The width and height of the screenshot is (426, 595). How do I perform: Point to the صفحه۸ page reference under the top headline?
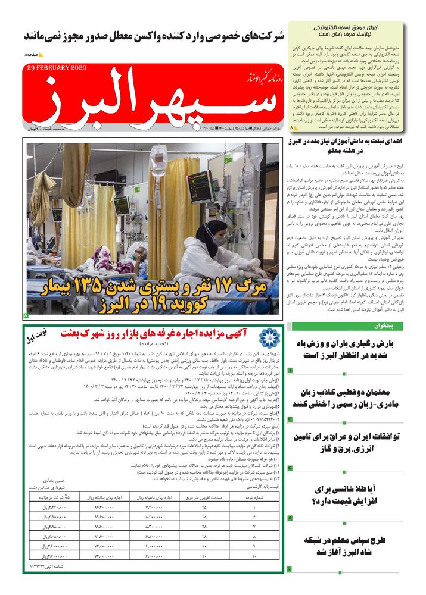click(32, 55)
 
